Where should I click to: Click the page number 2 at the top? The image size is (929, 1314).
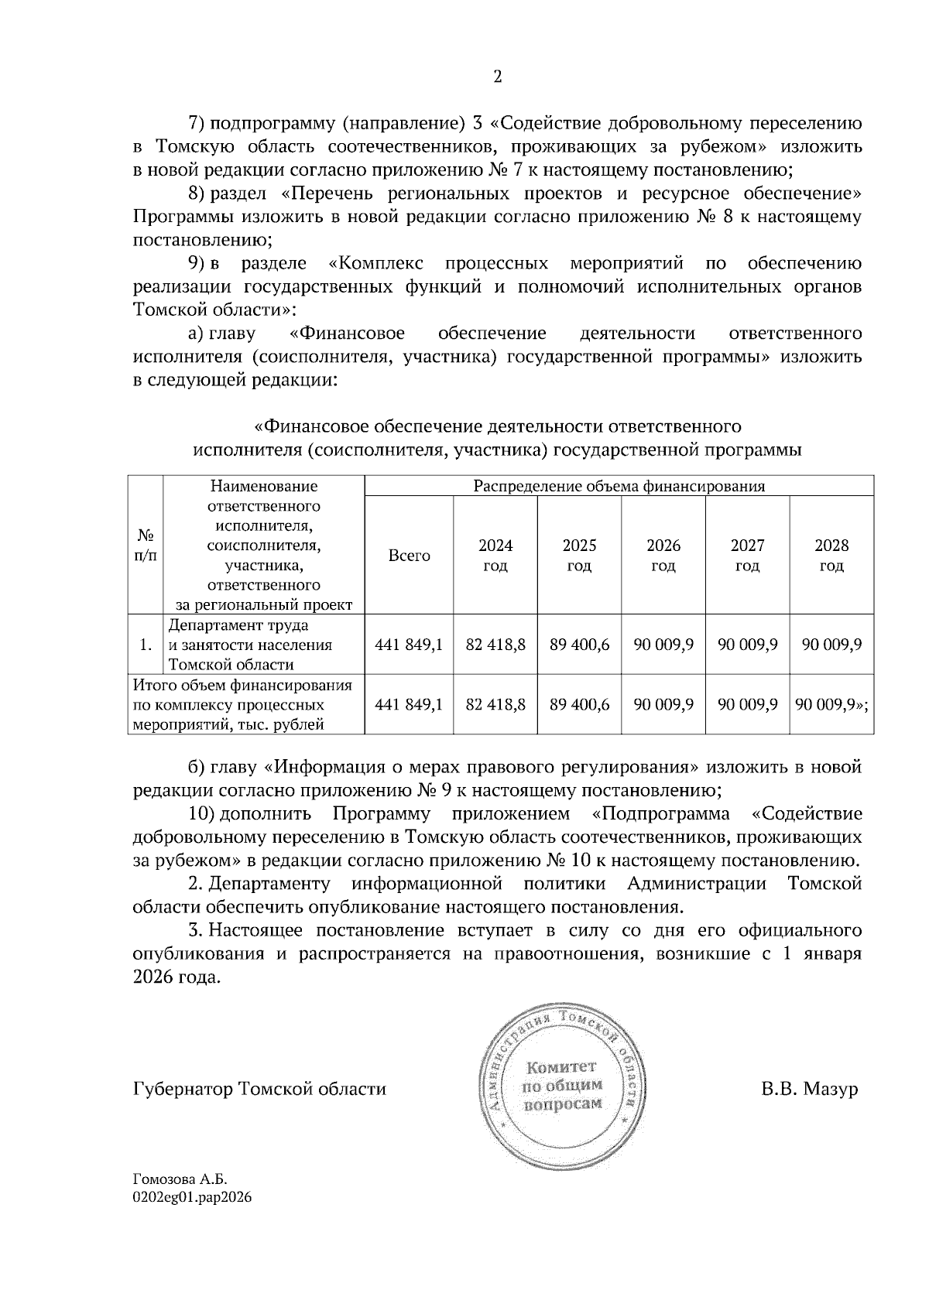pyautogui.click(x=497, y=77)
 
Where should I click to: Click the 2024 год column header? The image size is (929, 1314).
pyautogui.click(x=495, y=556)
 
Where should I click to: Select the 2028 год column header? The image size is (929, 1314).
pyautogui.click(x=831, y=556)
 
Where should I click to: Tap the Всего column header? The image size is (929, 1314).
pyautogui.click(x=409, y=556)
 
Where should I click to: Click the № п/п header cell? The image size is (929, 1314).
pyautogui.click(x=146, y=546)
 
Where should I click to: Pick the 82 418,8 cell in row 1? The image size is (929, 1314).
pyautogui.click(x=495, y=645)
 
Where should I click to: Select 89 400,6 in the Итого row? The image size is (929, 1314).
pyautogui.click(x=580, y=705)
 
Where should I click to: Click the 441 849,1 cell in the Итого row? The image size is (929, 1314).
pyautogui.click(x=409, y=705)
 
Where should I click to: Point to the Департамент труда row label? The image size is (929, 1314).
pyautogui.click(x=250, y=645)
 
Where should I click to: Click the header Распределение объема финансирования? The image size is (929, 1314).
pyautogui.click(x=619, y=487)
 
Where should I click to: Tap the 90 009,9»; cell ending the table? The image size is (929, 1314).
pyautogui.click(x=831, y=705)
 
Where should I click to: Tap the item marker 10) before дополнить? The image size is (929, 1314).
pyautogui.click(x=201, y=814)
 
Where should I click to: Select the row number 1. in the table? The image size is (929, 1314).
pyautogui.click(x=146, y=645)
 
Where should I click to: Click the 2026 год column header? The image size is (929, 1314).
pyautogui.click(x=663, y=556)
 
